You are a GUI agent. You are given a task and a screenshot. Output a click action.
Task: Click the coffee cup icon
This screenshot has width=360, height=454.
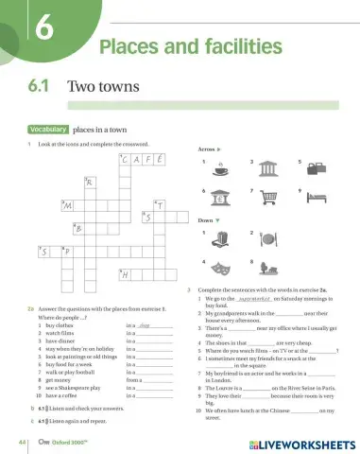[220, 170]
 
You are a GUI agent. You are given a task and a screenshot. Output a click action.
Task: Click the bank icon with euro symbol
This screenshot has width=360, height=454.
[220, 199]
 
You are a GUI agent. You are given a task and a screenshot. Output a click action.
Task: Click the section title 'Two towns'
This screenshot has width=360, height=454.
[105, 86]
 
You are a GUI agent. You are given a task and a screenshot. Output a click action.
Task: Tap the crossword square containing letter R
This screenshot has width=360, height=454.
[91, 182]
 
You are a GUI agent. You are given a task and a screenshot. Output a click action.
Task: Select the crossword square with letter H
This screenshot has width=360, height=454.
[126, 273]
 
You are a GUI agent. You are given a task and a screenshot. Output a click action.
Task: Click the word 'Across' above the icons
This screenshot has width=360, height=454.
[209, 149]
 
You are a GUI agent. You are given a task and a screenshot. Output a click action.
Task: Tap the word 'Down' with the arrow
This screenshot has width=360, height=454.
[208, 219]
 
